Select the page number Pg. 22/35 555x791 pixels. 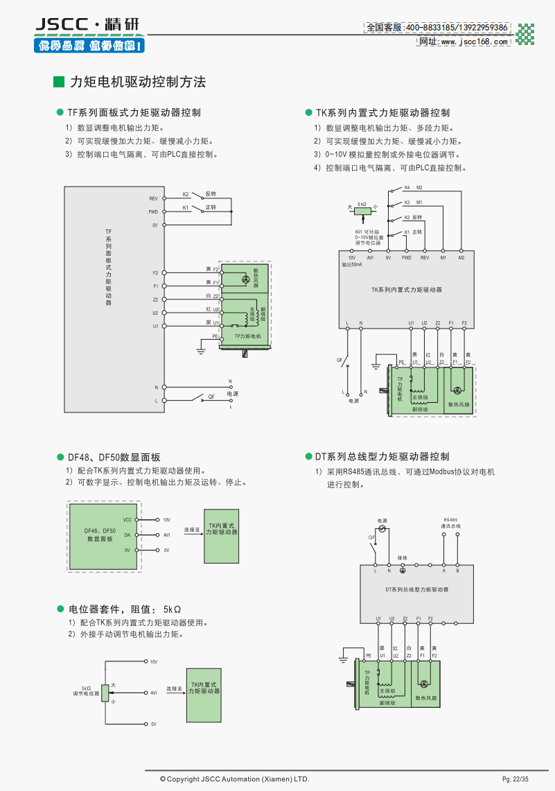(x=515, y=780)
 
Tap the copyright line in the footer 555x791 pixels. (x=234, y=779)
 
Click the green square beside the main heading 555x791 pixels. (x=59, y=82)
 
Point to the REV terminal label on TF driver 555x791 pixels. (x=153, y=198)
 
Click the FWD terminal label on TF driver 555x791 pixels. (x=153, y=211)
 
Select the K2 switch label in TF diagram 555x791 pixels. (x=186, y=193)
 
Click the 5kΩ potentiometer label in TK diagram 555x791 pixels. (x=362, y=204)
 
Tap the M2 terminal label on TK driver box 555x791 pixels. (x=461, y=258)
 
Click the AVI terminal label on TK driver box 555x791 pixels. (x=370, y=258)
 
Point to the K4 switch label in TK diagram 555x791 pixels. (x=407, y=188)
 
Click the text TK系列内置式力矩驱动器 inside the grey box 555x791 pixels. (x=407, y=289)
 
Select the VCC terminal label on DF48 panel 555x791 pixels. (x=127, y=519)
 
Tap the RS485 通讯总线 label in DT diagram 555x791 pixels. (x=450, y=523)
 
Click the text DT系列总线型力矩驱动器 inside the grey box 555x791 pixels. (x=416, y=589)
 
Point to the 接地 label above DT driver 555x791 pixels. (x=403, y=557)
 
